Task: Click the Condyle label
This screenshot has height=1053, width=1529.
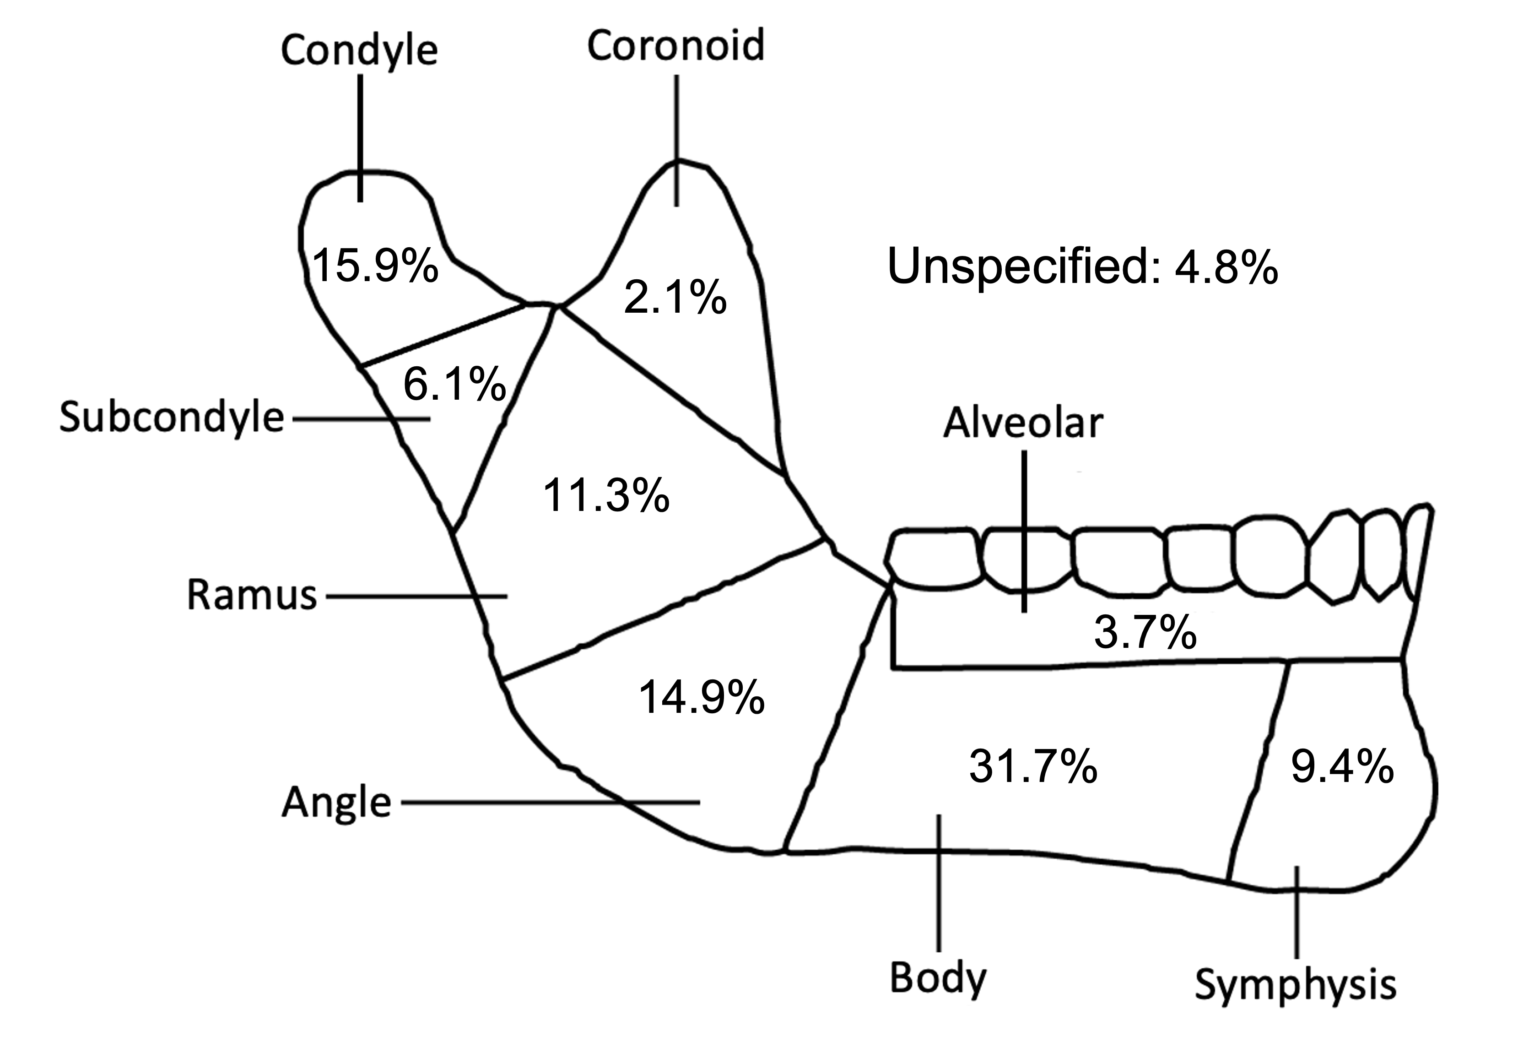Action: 359,51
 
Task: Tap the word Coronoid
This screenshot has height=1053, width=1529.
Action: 676,46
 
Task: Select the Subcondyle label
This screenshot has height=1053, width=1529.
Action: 172,418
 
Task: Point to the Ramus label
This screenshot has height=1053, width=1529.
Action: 252,595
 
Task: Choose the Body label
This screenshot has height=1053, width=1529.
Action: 938,978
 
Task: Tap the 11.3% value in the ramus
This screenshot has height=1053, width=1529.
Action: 606,496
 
